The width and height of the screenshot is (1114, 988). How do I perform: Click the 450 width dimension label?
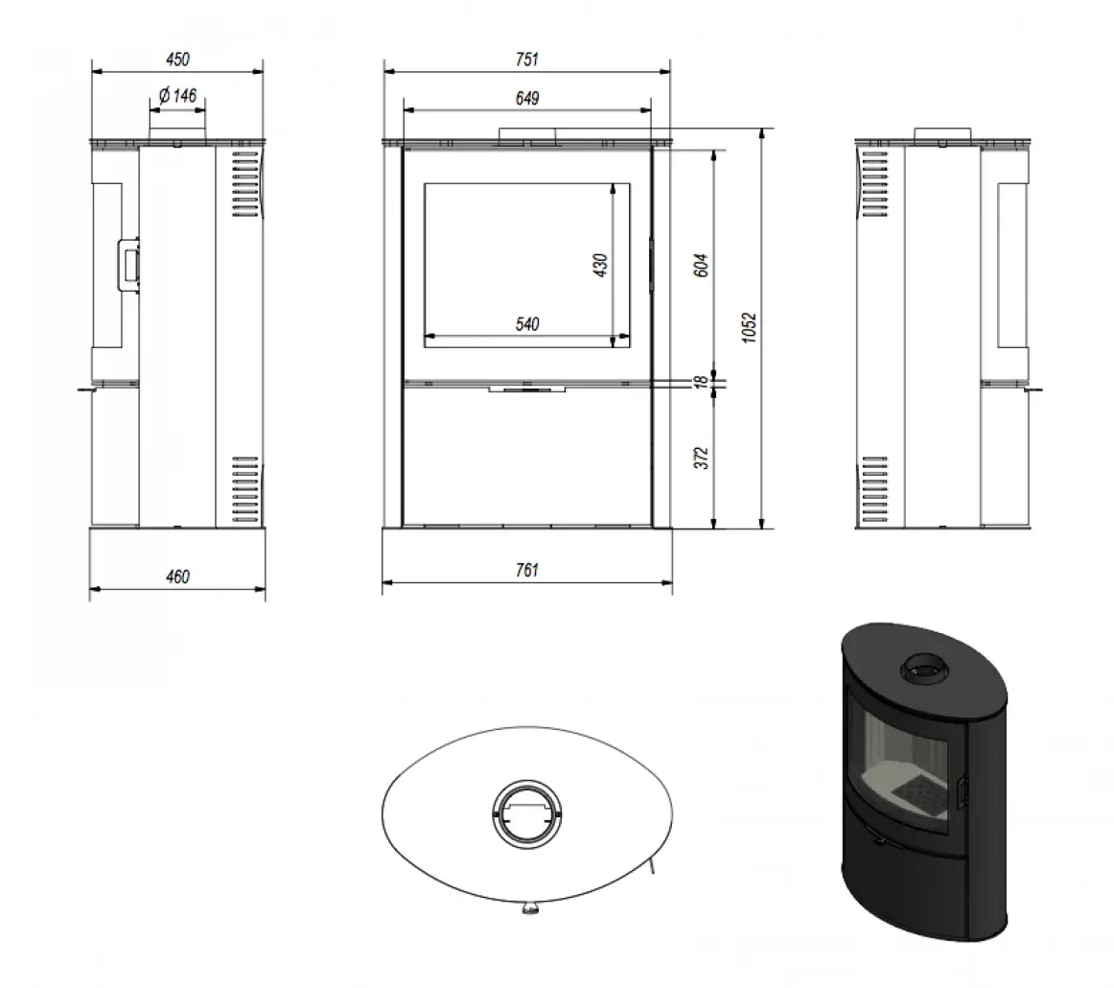point(177,59)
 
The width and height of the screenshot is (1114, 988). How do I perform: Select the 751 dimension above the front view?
point(526,59)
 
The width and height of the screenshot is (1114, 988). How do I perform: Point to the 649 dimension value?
point(526,98)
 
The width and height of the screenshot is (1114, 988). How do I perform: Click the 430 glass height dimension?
point(600,265)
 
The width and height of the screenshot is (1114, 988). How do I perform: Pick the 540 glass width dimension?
point(526,324)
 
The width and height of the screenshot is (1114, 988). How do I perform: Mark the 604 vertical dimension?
point(700,265)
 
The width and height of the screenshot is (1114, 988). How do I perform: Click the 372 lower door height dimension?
point(700,458)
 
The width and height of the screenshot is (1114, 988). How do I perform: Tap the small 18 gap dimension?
point(700,381)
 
